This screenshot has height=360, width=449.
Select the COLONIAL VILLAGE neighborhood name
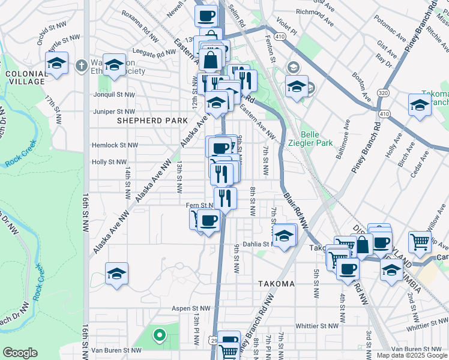coord(25,77)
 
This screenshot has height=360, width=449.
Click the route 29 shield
coord(214,340)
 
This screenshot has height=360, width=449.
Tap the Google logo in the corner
coord(20,353)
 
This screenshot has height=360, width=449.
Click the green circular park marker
coord(159,335)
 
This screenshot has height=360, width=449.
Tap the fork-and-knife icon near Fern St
coord(225,197)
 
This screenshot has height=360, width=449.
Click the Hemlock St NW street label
coord(115,145)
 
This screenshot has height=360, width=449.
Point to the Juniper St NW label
coord(114,112)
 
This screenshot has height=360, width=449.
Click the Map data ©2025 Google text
coord(412,355)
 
